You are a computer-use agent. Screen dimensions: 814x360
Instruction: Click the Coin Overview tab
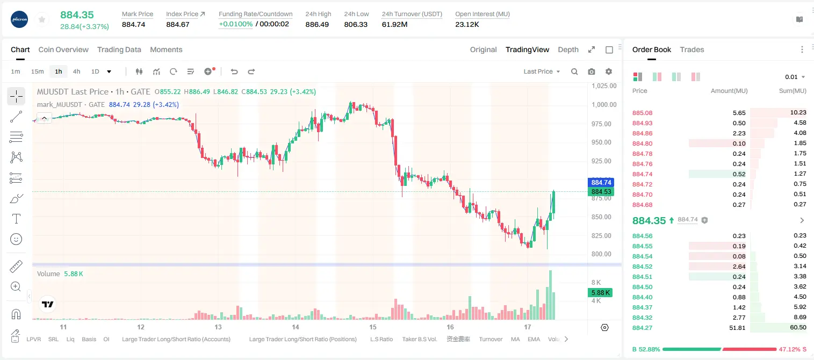(x=63, y=49)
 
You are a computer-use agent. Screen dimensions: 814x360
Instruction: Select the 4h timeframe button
(x=76, y=71)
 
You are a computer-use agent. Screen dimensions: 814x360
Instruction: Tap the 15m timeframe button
(x=37, y=71)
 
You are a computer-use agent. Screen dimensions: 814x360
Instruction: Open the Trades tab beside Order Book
(x=692, y=49)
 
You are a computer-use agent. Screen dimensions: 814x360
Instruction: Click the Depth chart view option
(x=568, y=49)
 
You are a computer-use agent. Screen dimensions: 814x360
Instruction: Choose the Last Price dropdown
(x=542, y=71)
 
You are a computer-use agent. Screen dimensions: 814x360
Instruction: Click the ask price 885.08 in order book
(x=642, y=113)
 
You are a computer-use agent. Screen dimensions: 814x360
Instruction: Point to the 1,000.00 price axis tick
(x=604, y=105)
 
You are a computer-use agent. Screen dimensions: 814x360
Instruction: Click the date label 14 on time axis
(x=296, y=327)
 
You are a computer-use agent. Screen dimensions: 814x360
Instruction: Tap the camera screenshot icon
(x=592, y=71)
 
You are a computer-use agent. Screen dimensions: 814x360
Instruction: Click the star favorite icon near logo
(x=42, y=19)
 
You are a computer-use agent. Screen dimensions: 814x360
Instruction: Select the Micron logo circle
(x=19, y=19)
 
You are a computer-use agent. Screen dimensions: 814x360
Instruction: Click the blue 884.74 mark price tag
(x=601, y=182)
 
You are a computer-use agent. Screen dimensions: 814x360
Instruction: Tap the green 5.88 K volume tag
(x=600, y=292)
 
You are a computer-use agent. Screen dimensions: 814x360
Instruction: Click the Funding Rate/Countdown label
(x=255, y=14)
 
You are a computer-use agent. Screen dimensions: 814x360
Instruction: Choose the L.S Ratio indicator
(x=381, y=339)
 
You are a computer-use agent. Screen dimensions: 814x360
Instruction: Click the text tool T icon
(x=16, y=219)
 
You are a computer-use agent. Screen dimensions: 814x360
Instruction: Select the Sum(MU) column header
(x=793, y=91)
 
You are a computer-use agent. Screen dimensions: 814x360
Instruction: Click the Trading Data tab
(x=119, y=49)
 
